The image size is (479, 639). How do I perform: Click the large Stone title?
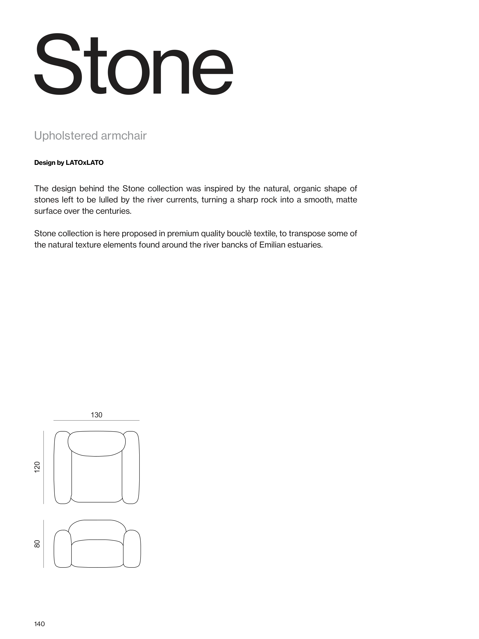(133, 65)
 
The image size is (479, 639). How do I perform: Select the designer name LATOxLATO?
(85, 163)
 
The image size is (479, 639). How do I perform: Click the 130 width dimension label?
(96, 415)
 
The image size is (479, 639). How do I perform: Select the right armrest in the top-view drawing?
(131, 468)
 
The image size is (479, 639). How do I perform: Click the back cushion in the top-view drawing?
(97, 443)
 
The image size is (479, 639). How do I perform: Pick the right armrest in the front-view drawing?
(132, 549)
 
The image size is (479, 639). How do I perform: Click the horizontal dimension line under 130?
(96, 420)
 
